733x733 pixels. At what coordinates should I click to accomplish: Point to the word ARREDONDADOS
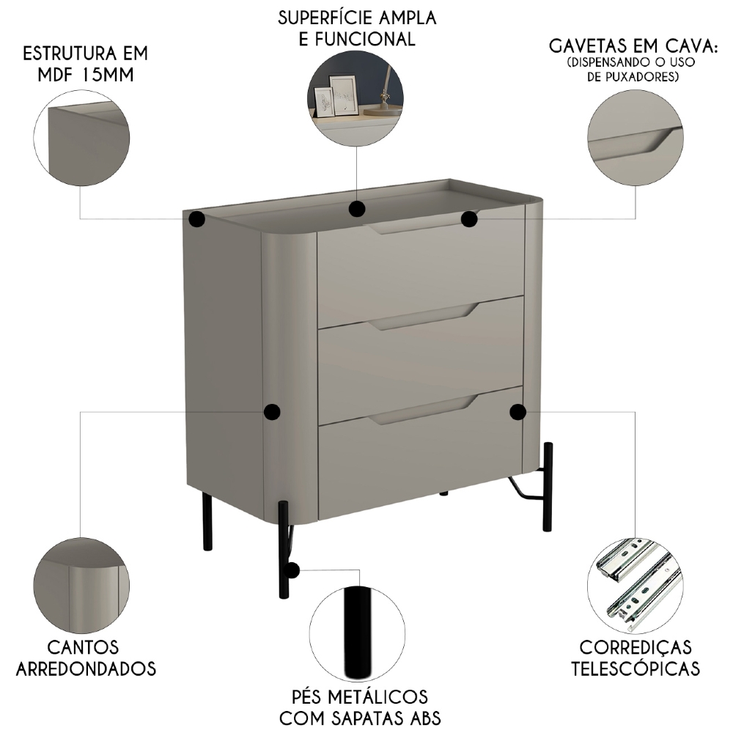86,668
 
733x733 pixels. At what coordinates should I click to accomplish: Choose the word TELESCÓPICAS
635,668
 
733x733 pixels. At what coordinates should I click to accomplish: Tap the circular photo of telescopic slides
635,586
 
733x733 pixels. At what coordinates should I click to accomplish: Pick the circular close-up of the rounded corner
81,586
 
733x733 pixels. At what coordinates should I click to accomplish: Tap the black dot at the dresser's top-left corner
196,218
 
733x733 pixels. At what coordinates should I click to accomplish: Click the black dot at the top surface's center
357,210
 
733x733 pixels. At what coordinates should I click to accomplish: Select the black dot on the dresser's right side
518,412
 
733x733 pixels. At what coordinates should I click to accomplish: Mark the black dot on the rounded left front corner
271,412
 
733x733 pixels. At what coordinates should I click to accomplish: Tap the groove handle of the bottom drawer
421,414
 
